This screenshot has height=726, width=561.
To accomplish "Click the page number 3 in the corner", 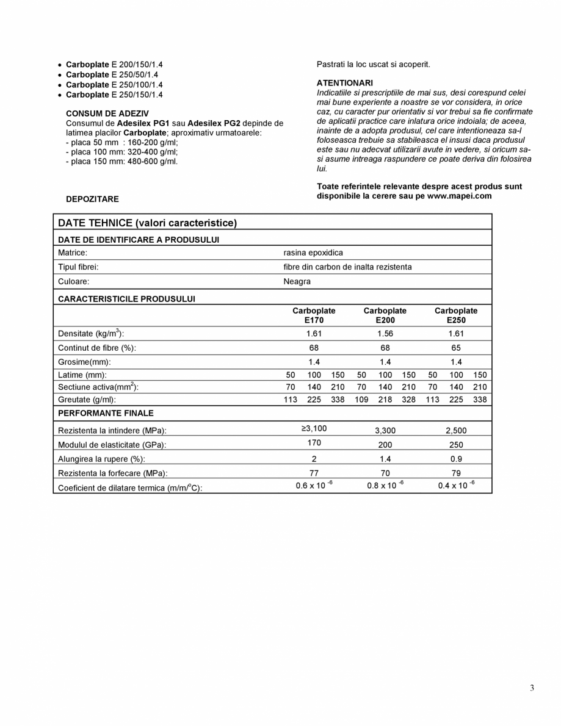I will click(532, 688).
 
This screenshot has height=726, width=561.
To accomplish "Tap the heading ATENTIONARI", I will click(344, 82).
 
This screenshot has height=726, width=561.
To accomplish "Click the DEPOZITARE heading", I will click(92, 199).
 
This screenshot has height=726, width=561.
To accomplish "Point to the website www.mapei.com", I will click(459, 196).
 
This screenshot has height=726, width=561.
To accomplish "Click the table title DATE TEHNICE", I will click(147, 223).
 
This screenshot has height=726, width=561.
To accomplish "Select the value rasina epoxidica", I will click(313, 252).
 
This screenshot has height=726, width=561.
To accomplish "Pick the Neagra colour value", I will click(297, 281).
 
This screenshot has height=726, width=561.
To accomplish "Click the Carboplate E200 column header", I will click(385, 315).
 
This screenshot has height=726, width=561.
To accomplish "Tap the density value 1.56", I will click(385, 333).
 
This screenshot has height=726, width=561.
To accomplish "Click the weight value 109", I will click(361, 400).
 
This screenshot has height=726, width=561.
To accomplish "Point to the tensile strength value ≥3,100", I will click(314, 428).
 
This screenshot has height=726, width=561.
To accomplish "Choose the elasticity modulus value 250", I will click(456, 445).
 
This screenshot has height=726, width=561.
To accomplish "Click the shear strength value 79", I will click(456, 473).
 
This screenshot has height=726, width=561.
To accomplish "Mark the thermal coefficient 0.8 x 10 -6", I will click(385, 486).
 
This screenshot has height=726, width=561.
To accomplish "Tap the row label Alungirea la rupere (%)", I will click(101, 459).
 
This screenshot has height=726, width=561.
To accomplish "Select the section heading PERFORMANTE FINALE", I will click(106, 413).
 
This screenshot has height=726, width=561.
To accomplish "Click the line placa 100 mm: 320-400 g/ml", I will click(121, 151).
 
